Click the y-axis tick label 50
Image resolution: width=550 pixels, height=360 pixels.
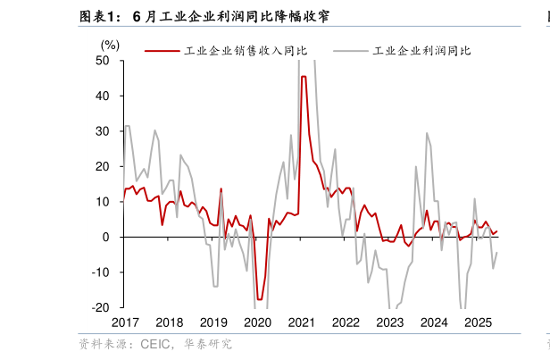tap(104, 61)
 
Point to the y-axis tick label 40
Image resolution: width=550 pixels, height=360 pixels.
tap(104, 96)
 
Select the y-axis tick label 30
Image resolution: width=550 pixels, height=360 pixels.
tap(104, 131)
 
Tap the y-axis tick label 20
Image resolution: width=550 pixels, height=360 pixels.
tap(104, 166)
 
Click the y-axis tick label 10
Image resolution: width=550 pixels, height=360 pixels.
tap(104, 202)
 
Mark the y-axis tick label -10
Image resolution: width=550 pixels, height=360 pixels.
tap(101, 272)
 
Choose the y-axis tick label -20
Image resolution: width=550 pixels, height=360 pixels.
tap(101, 307)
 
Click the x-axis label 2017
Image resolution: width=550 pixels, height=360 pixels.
tap(125, 322)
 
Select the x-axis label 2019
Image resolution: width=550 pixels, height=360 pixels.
tap(213, 322)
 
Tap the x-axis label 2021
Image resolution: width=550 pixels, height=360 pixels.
tap(302, 322)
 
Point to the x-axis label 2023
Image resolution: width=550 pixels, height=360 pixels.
tap(390, 322)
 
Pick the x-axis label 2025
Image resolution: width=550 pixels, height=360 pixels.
tap(479, 322)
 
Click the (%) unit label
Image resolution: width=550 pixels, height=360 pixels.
tap(110, 45)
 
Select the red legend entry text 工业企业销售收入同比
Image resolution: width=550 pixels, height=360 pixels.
tap(246, 51)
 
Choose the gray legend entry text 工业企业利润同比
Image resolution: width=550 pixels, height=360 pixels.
tap(422, 51)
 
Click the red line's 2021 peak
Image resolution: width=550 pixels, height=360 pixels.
tap(304, 77)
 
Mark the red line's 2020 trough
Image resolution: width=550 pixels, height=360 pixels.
tap(260, 299)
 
